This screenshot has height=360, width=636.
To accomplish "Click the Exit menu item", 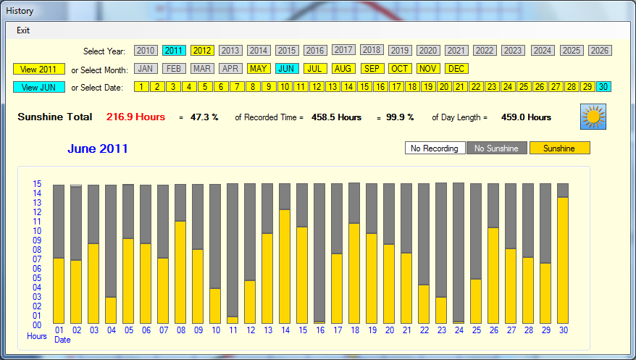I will (23, 30).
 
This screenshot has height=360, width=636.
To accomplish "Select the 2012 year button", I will (202, 51).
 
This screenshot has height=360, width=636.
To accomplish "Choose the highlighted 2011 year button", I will (174, 51).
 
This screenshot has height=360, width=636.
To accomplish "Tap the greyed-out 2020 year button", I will (427, 51).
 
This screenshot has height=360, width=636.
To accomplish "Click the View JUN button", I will (38, 88).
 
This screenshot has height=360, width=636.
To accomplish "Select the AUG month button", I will (343, 69).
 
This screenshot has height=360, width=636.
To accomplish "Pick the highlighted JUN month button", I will (287, 69).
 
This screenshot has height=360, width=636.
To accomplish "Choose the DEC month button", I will (456, 69).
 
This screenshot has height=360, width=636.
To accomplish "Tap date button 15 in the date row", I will (364, 87).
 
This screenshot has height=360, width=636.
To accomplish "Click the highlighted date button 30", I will (603, 87).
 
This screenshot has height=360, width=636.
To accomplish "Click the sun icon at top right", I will (593, 117).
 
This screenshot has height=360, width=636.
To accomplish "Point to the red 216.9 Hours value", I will (135, 117).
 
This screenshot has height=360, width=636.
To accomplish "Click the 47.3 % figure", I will (204, 117).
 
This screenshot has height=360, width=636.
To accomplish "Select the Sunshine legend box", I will (560, 148).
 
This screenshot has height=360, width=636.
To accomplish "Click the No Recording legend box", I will (434, 148).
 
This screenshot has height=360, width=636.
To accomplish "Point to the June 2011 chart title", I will (98, 149).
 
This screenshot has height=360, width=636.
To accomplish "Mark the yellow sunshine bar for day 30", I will (563, 260).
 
